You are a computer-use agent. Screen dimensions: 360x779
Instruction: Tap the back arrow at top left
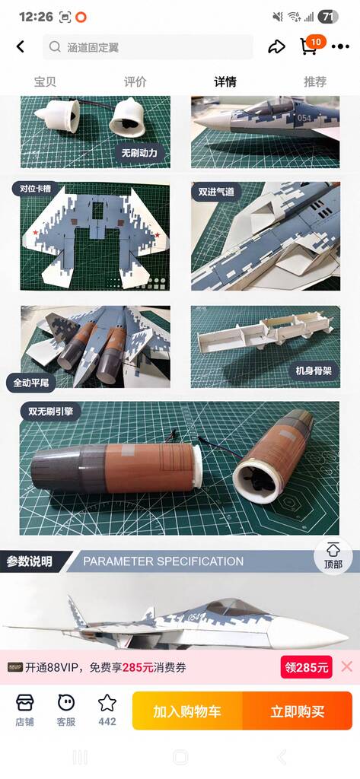[20, 46]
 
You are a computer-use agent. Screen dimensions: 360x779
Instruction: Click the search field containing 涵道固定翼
[148, 47]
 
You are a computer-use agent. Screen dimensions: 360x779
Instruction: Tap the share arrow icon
[276, 46]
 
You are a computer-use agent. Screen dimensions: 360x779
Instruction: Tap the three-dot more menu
[340, 46]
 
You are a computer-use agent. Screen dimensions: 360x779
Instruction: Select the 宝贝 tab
[45, 82]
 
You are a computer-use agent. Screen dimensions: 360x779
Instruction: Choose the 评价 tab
[135, 82]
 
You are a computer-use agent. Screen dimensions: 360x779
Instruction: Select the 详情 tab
[225, 82]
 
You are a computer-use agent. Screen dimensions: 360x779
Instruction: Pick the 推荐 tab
[315, 82]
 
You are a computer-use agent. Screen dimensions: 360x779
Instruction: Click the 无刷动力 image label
[139, 152]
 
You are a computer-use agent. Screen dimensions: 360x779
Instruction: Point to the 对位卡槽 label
[36, 189]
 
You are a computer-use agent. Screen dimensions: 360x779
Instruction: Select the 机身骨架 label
[314, 370]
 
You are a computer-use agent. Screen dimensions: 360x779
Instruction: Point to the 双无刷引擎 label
[51, 412]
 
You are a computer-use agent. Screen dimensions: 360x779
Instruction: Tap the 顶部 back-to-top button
[333, 556]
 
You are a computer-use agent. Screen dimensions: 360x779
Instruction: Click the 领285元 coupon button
[306, 667]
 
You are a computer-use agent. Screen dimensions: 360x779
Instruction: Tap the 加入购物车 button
[187, 711]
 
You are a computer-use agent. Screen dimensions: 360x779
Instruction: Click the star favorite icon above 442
[107, 703]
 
